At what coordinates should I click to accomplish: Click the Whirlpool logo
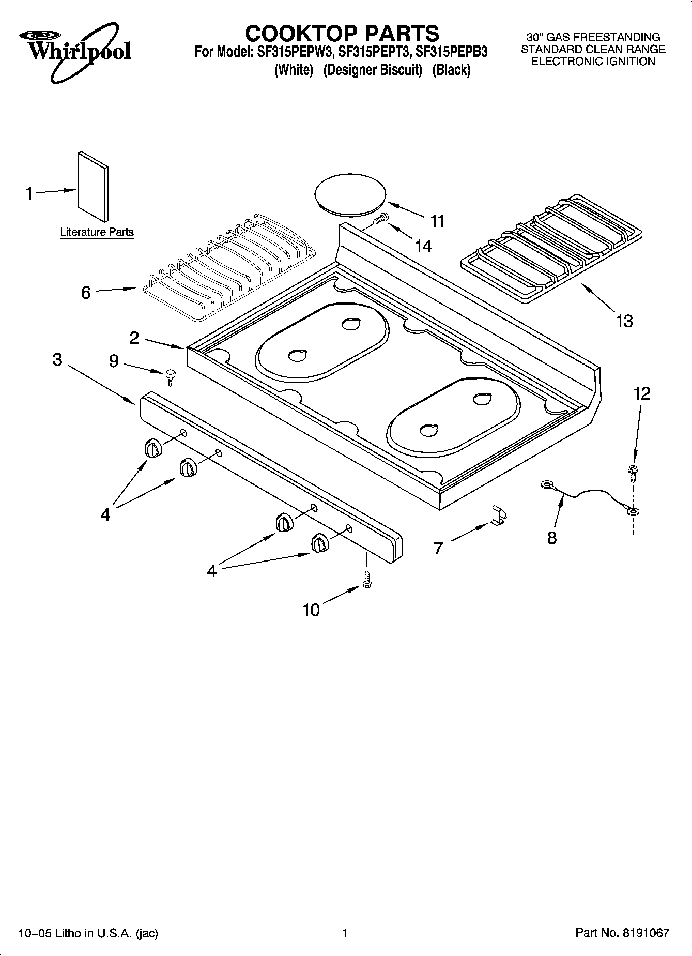[75, 50]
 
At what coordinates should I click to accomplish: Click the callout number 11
[437, 221]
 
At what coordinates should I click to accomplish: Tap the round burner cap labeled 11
[350, 195]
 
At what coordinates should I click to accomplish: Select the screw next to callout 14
[380, 219]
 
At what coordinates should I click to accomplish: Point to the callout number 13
[624, 321]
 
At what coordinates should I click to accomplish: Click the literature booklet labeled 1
[93, 186]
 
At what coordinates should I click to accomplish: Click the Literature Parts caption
[97, 232]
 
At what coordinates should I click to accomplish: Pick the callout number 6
[86, 293]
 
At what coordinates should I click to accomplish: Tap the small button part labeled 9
[170, 376]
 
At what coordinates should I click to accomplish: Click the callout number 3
[57, 359]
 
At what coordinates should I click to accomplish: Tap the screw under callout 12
[632, 472]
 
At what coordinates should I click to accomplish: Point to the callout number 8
[552, 538]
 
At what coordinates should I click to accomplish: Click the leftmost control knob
[153, 448]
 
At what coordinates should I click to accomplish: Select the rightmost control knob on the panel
[319, 543]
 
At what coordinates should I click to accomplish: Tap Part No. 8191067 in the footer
[622, 933]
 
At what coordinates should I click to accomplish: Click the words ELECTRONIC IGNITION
[593, 62]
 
